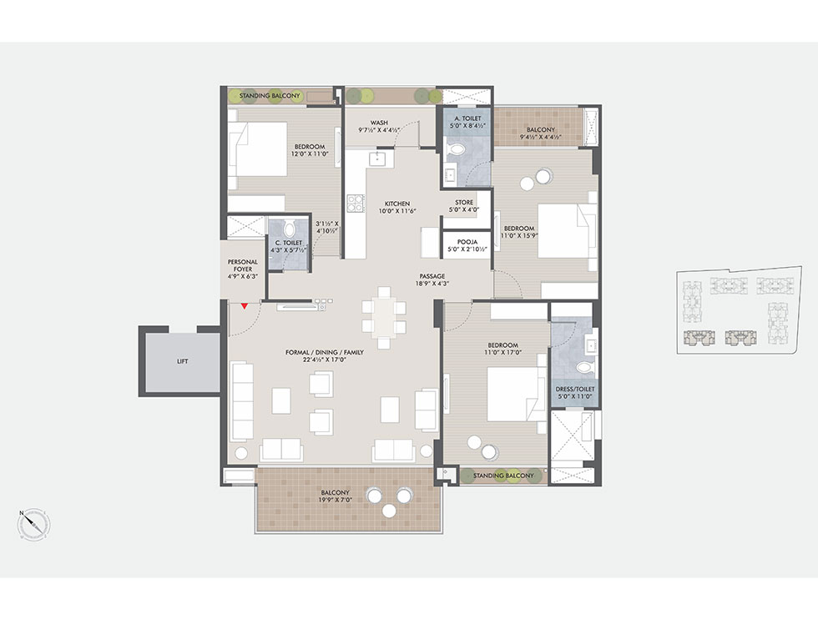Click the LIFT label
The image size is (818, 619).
pyautogui.click(x=182, y=361)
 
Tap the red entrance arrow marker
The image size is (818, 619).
pyautogui.click(x=244, y=306)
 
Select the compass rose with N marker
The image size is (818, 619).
pyautogui.click(x=35, y=524)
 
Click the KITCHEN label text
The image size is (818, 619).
pyautogui.click(x=397, y=204)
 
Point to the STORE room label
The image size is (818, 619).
pyautogui.click(x=464, y=203)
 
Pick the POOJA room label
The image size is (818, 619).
pyautogui.click(x=467, y=242)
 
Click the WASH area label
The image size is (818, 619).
pyautogui.click(x=379, y=123)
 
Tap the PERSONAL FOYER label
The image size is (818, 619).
pyautogui.click(x=243, y=265)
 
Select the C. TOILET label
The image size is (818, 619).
pyautogui.click(x=289, y=243)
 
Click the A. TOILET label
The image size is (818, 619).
pyautogui.click(x=468, y=118)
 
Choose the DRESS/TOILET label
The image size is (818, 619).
pyautogui.click(x=575, y=389)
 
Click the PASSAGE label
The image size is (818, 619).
pyautogui.click(x=432, y=276)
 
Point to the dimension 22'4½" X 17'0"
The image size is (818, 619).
pyautogui.click(x=325, y=360)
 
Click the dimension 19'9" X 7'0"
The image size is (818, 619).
pyautogui.click(x=335, y=500)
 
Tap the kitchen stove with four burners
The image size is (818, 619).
pyautogui.click(x=356, y=203)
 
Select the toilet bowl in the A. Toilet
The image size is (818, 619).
pyautogui.click(x=457, y=149)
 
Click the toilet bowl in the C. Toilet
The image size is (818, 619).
pyautogui.click(x=290, y=229)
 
